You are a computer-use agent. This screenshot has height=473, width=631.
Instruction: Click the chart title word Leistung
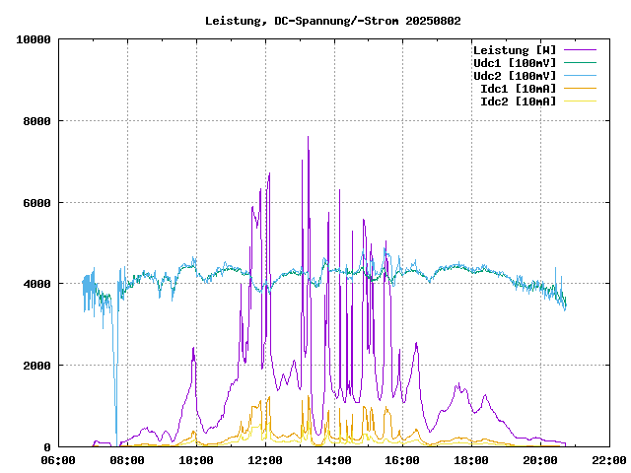click(x=232, y=20)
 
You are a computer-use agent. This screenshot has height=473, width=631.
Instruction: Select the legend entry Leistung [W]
click(x=514, y=50)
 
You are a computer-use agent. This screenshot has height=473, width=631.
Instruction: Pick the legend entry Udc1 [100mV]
click(x=514, y=63)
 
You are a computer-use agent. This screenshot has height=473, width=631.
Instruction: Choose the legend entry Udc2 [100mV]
click(x=514, y=76)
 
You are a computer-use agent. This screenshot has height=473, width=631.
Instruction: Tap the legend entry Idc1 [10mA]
click(x=518, y=89)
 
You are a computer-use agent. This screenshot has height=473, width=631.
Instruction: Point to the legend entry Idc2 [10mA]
click(x=518, y=101)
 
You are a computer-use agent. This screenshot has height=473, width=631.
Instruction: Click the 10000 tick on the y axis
click(x=35, y=39)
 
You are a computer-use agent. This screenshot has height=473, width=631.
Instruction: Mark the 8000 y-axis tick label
click(x=37, y=121)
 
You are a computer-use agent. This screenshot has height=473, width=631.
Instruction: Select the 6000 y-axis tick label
click(x=37, y=203)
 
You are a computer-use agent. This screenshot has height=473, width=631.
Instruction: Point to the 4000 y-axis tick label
click(x=37, y=284)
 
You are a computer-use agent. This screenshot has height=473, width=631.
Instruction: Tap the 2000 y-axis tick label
click(x=37, y=366)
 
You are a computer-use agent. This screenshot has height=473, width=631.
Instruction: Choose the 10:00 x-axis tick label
click(x=196, y=460)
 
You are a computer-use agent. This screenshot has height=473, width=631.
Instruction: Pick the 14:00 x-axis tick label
click(x=334, y=460)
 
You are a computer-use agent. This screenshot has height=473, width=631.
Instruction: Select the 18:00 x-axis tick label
click(x=471, y=460)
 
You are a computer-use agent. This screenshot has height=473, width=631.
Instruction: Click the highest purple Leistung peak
click(x=309, y=137)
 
